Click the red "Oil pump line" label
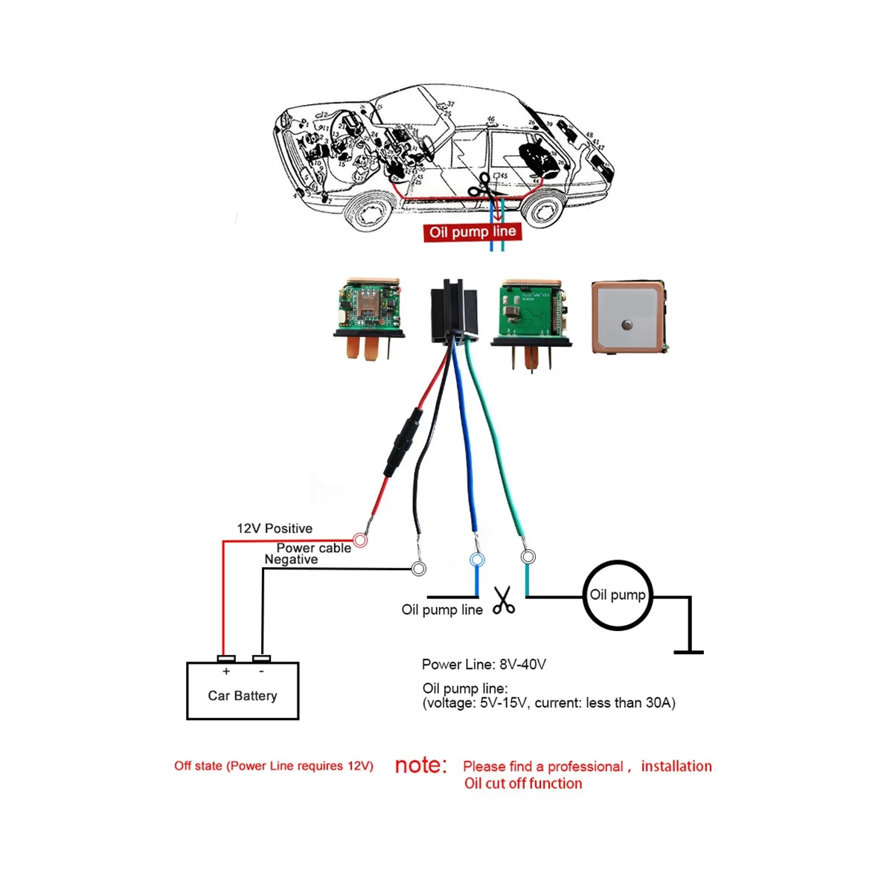[472, 231]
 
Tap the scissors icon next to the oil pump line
[504, 600]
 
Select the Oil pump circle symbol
[617, 595]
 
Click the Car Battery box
[243, 691]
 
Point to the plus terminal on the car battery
[226, 659]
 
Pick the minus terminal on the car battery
[261, 659]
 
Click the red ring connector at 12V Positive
[360, 540]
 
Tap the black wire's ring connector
[419, 569]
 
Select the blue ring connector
[476, 559]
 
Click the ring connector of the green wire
[528, 556]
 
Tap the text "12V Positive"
[275, 528]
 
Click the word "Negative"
[291, 560]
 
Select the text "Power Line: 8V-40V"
[484, 665]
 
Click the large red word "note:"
[421, 765]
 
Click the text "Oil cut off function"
[523, 783]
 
